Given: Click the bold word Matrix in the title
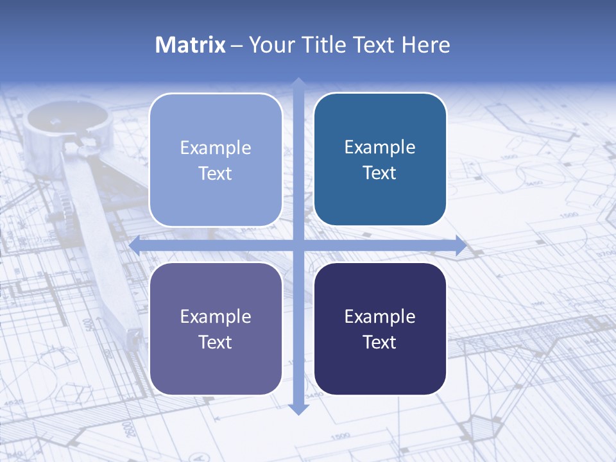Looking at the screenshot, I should pyautogui.click(x=191, y=45).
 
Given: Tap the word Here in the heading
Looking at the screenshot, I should pyautogui.click(x=425, y=45).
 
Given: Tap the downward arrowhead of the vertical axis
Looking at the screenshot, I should pyautogui.click(x=298, y=409).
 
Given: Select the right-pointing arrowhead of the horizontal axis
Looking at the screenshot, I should pyautogui.click(x=461, y=245).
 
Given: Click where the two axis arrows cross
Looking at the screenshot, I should pyautogui.click(x=298, y=245).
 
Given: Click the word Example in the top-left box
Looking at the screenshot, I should pyautogui.click(x=216, y=148).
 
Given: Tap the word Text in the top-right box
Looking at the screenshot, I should pyautogui.click(x=380, y=173).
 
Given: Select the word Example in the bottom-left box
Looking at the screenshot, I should pyautogui.click(x=216, y=317).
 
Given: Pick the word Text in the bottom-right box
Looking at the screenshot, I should pyautogui.click(x=380, y=343).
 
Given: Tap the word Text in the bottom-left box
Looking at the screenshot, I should pyautogui.click(x=216, y=343).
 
